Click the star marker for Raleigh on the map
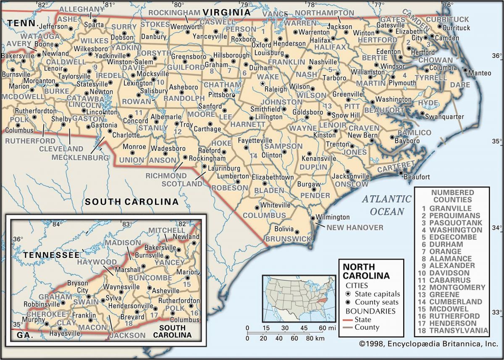pos(263,84)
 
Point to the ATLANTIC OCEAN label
pos(387,205)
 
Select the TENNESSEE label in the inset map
pos(51,255)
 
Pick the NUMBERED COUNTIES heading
pos(452,196)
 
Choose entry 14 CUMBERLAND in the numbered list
pos(452,302)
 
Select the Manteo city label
pos(480,73)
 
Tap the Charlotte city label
pos(126,135)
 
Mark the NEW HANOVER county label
pos(355,228)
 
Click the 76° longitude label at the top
pos(448,5)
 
